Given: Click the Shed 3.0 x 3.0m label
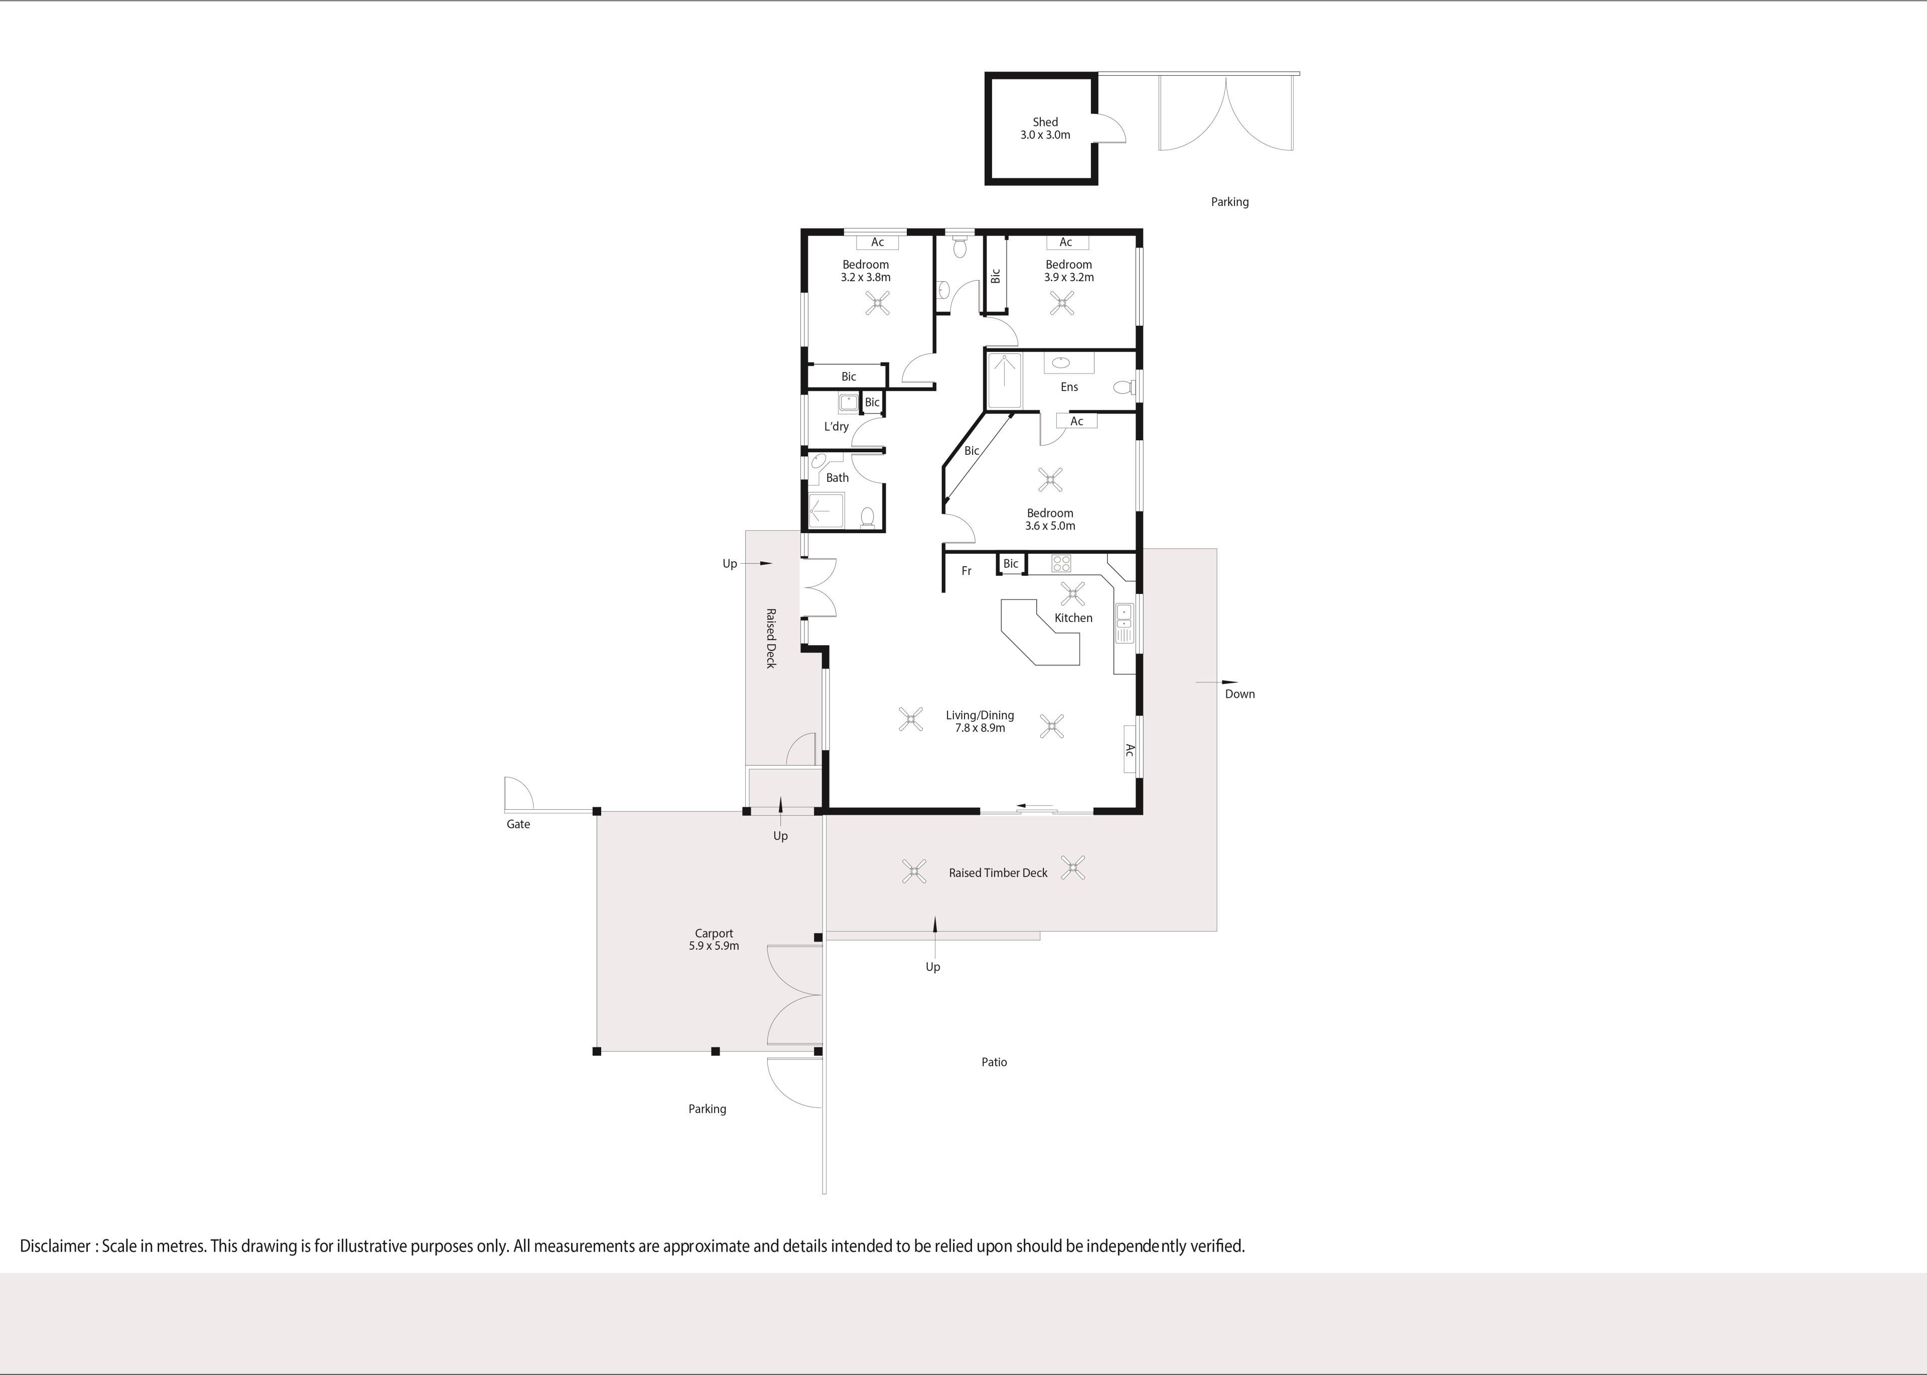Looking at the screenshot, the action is [1045, 129].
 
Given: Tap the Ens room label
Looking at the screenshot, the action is [1069, 387].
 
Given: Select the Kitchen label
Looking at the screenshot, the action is [1073, 618].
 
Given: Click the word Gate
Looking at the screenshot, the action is [518, 824].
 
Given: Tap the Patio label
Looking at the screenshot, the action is [995, 1062].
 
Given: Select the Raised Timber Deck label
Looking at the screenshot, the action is [998, 873].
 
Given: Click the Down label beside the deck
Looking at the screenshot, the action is [1240, 694].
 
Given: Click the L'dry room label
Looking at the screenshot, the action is [836, 427].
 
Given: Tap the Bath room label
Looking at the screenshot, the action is [837, 477].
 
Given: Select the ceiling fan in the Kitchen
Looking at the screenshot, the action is [1072, 593].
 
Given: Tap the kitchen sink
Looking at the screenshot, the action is [1124, 622].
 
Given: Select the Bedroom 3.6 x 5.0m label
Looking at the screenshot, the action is [1050, 519].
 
